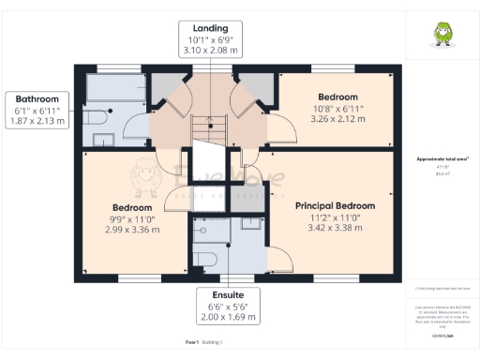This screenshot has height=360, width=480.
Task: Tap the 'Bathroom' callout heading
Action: tap(37, 98)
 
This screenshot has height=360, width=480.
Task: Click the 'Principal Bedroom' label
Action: tap(335, 205)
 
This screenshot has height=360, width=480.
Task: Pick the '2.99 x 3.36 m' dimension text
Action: tap(132, 230)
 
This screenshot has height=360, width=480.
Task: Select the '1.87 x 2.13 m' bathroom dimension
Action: tap(37, 121)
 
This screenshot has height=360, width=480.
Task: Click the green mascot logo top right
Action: tap(439, 35)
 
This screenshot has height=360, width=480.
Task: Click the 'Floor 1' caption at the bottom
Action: tap(192, 342)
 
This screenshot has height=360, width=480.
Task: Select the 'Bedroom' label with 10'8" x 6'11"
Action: tap(337, 97)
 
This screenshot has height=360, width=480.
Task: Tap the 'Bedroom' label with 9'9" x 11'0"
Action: tap(132, 207)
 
